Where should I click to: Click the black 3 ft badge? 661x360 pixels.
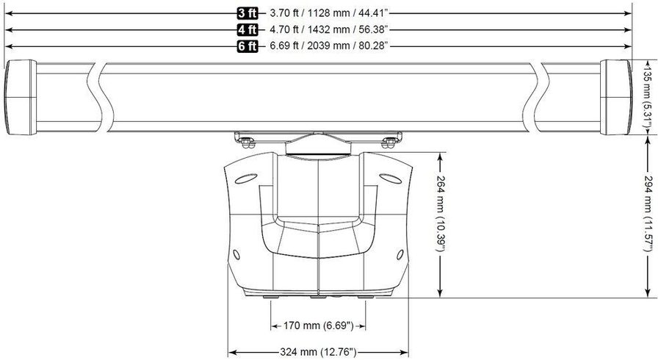[247, 13]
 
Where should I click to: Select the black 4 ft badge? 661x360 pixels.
[247, 29]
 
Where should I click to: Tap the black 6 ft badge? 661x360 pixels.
[247, 46]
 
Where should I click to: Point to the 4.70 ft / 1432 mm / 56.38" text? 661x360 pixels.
[329, 29]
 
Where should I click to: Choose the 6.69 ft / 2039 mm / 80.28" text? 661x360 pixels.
[329, 46]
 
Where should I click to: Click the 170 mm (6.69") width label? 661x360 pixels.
[318, 326]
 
